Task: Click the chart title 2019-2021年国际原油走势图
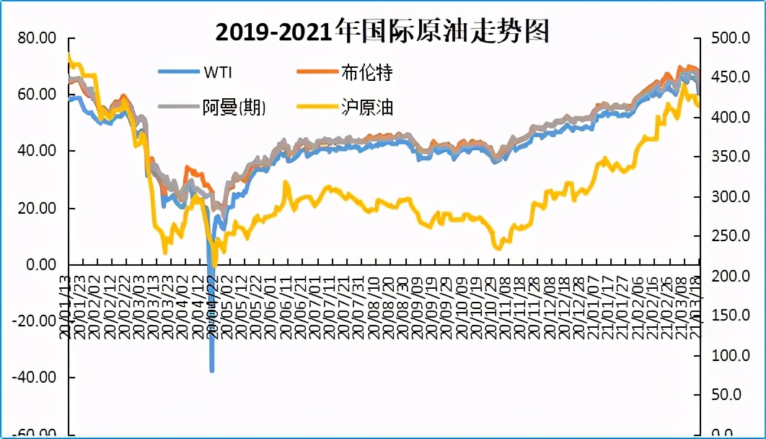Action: point(383,32)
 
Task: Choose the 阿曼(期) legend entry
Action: point(233,108)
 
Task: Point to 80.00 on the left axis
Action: point(36,38)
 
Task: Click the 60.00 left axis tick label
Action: point(36,95)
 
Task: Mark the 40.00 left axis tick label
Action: point(36,151)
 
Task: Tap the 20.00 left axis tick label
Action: point(36,208)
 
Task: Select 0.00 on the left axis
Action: point(40,264)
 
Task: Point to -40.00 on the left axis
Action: point(33,377)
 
